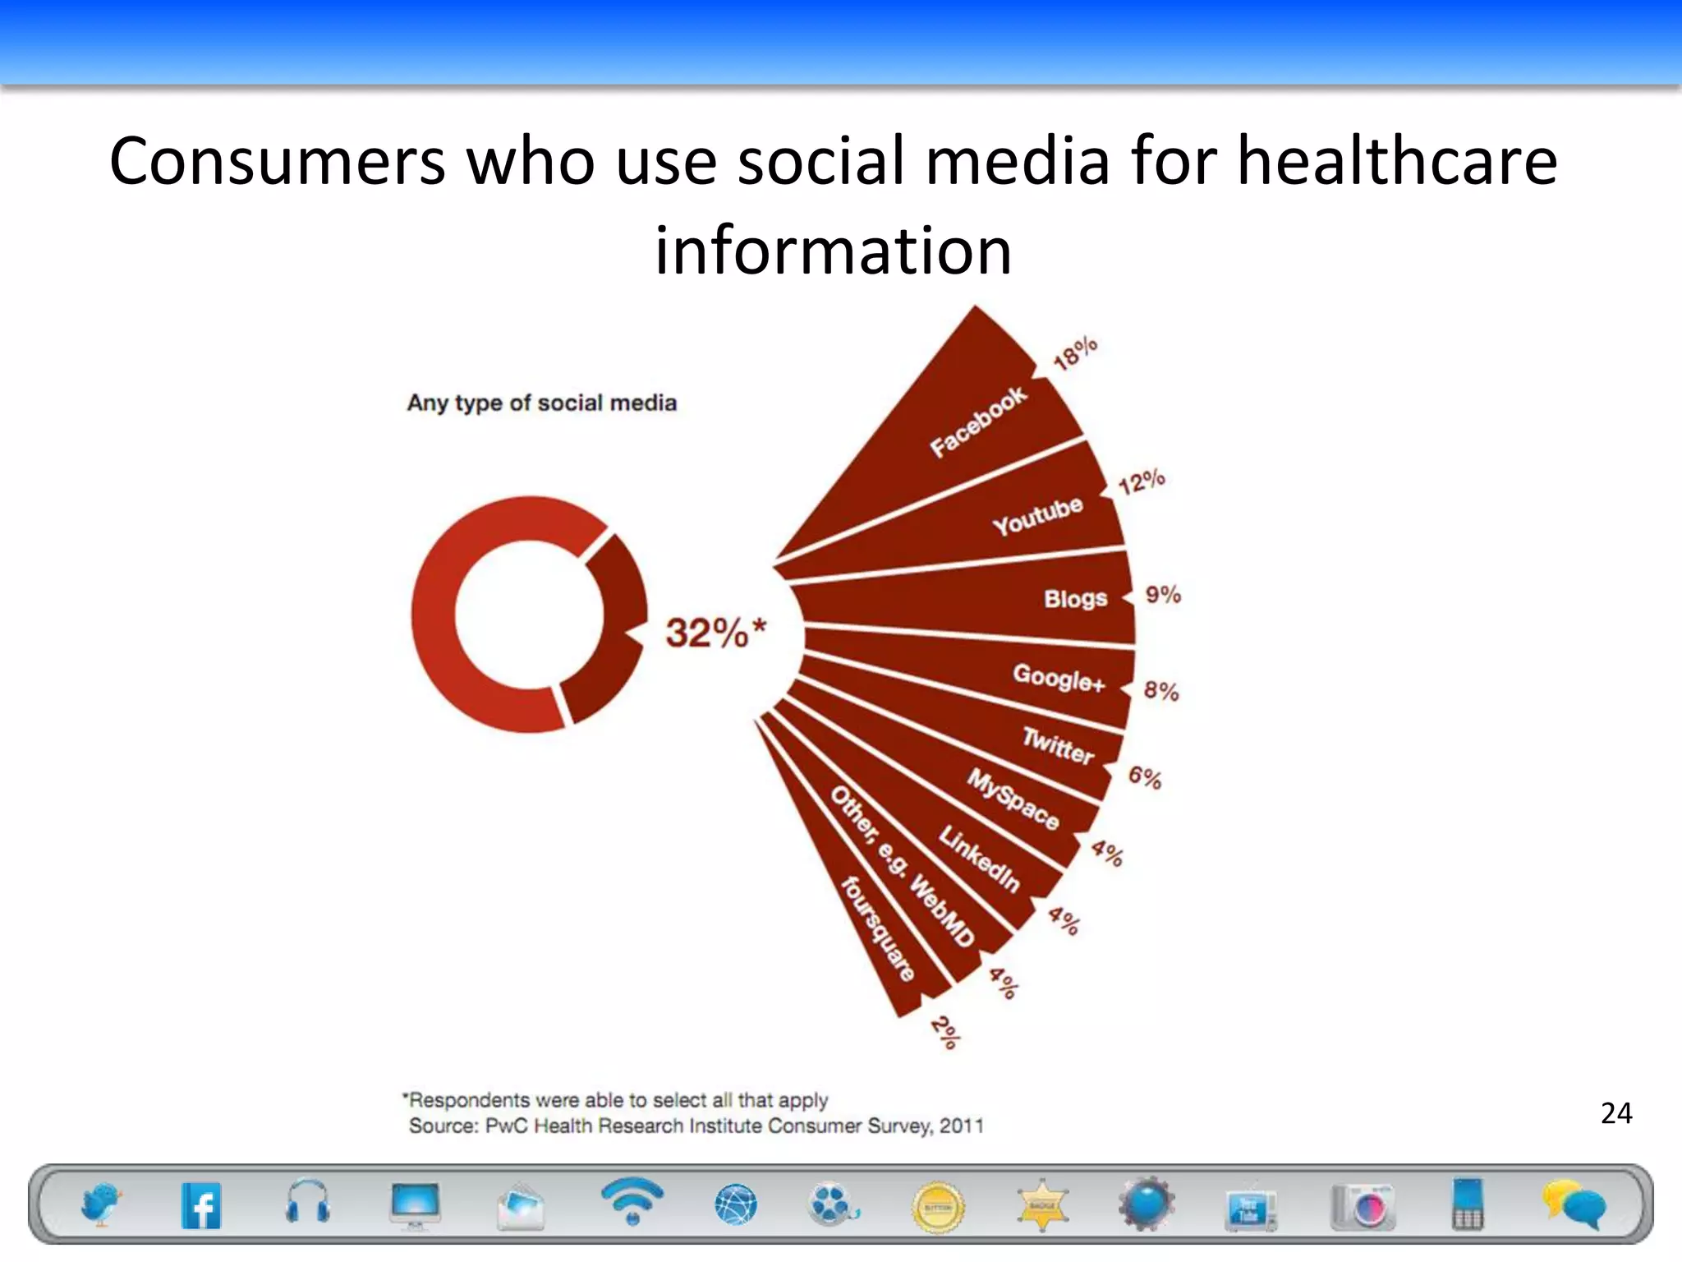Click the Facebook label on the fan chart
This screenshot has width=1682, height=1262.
(977, 422)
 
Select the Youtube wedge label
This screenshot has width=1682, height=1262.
(1037, 516)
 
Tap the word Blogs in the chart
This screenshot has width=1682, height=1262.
(1075, 599)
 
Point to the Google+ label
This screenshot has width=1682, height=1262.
(1059, 678)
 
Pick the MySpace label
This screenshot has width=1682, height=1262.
(1013, 799)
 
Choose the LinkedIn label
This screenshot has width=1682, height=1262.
(979, 859)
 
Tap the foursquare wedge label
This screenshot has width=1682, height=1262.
(878, 929)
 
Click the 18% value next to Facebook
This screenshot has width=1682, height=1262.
(1075, 354)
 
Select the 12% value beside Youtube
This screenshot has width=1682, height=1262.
(1142, 481)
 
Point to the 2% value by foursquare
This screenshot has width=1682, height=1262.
(945, 1033)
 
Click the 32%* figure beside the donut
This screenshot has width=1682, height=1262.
(715, 633)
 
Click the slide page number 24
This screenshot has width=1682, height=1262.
(1615, 1113)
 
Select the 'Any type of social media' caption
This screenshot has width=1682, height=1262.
(542, 403)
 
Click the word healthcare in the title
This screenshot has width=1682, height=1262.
(1396, 161)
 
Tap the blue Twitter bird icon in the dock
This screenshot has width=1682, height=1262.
(101, 1204)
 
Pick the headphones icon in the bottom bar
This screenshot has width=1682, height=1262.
(308, 1204)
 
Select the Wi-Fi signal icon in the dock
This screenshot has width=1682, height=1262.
(632, 1201)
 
